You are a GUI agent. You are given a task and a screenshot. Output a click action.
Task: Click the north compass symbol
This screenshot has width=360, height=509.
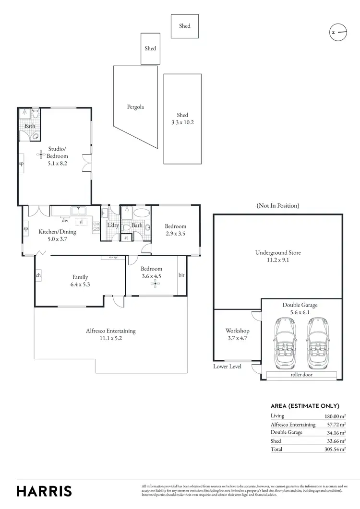coord(338,33)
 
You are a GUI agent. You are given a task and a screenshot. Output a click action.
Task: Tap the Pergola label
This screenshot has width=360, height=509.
coord(135,107)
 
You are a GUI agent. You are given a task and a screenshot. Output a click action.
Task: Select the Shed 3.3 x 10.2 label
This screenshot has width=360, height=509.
coord(182,118)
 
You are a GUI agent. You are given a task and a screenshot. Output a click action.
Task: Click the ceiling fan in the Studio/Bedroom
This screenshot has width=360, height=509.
coord(41,154)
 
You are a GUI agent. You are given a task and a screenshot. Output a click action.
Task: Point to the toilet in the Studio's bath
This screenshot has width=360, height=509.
coord(35,113)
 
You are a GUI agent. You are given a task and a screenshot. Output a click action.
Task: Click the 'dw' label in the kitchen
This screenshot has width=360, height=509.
coord(64,221)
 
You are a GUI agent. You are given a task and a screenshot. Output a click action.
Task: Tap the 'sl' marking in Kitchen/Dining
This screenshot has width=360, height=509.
coord(82,222)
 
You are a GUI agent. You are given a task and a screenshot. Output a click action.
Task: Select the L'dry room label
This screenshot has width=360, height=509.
coord(113,225)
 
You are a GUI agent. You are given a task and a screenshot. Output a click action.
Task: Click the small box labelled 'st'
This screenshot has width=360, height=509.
coord(126,237)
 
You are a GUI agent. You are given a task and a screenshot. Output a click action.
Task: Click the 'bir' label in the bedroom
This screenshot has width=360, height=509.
coord(181,275)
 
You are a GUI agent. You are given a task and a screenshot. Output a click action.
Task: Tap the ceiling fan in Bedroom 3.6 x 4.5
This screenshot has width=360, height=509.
coord(155,284)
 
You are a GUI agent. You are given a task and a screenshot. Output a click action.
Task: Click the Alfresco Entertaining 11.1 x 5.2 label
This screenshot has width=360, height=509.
coord(110,334)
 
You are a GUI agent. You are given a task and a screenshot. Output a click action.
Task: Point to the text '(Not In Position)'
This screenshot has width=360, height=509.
coord(278,205)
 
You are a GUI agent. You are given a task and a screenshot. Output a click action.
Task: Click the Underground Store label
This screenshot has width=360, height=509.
coord(278,256)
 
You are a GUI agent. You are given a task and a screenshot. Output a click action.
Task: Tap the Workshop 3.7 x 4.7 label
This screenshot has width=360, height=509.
coord(237,334)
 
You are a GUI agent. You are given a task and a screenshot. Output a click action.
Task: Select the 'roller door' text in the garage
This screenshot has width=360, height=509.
coord(301,375)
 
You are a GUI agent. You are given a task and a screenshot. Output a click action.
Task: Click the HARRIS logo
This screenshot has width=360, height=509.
coord(44,491)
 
